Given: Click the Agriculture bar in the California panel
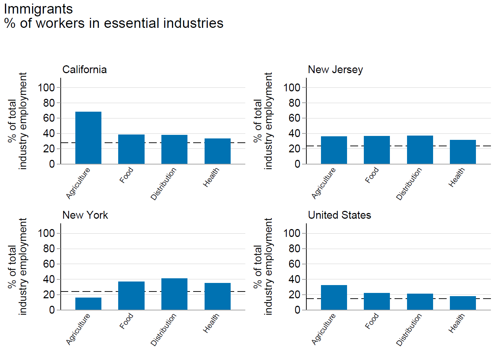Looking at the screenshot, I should tap(88, 138).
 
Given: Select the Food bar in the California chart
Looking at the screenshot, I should tap(131, 149).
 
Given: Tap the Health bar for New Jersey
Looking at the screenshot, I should tap(463, 152).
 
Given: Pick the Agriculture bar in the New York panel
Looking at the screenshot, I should tap(88, 304).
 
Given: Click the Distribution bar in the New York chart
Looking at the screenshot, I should tap(174, 294).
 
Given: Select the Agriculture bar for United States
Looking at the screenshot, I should tap(334, 297).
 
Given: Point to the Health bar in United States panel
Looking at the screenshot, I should tap(463, 303).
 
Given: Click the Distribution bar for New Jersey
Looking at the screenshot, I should tap(420, 150).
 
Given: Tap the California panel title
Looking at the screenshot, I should tap(85, 70).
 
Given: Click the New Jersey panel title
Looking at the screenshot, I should tap(335, 70).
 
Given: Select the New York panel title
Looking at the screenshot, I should tap(85, 215).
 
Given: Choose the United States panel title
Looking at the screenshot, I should tap(340, 215).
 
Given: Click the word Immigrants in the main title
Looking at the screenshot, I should tap(38, 9).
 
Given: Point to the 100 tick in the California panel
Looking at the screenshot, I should tap(46, 87).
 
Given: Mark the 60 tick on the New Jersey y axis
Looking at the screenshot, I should tap(295, 118).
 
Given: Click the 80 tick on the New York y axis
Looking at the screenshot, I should tap(49, 249).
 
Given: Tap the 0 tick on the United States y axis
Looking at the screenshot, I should tap(297, 310).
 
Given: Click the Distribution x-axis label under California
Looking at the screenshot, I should tap(163, 184).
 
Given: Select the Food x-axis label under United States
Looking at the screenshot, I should tap(372, 321).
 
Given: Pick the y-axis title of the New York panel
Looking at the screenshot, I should tap(17, 267).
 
